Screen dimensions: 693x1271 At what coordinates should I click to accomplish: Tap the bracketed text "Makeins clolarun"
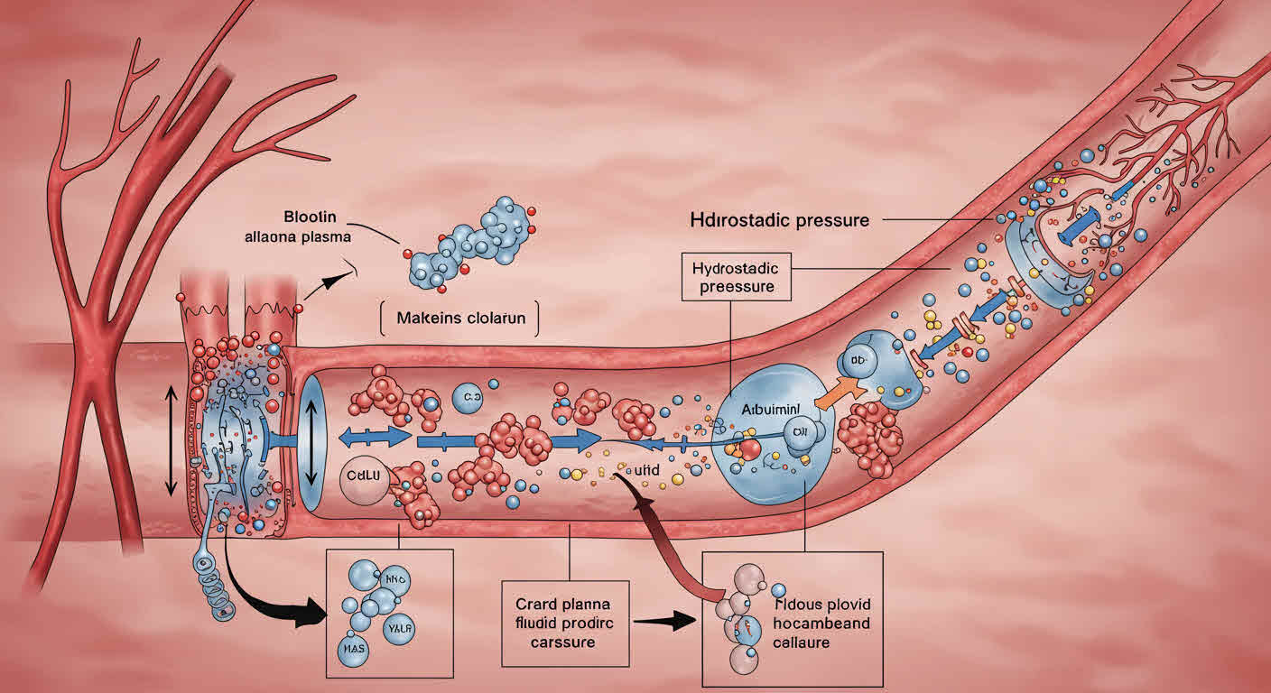pos(459,318)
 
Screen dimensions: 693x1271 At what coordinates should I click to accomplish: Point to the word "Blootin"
pos(311,217)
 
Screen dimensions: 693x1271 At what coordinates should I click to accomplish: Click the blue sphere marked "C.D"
pos(467,397)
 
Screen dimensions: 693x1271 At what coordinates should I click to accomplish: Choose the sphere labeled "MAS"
pos(348,646)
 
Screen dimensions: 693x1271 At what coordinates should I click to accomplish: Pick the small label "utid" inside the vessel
pos(637,469)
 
